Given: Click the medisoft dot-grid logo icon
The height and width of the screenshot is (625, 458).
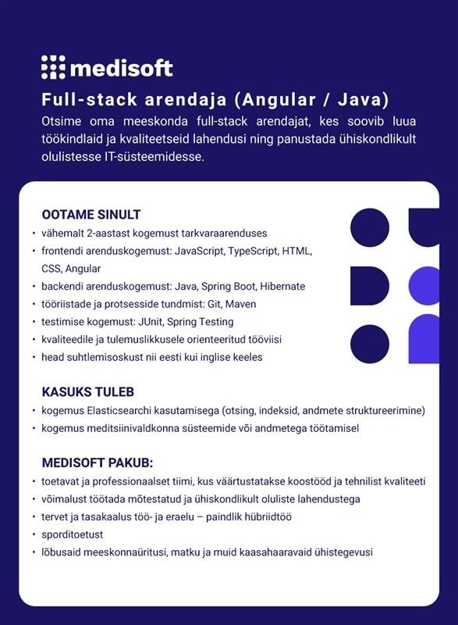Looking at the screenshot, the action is (53, 67).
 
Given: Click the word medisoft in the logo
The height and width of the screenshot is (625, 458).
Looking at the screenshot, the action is (121, 68).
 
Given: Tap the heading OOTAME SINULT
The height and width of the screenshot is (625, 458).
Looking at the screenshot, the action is (91, 215).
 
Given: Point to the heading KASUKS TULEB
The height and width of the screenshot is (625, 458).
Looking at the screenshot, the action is (87, 391).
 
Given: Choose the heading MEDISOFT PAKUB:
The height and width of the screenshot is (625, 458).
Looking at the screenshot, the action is (97, 462).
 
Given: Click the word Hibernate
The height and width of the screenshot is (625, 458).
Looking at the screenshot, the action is (282, 286).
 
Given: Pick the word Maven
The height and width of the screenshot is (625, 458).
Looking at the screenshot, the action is (242, 304).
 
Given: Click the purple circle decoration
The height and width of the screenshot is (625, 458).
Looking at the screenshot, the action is (424, 285).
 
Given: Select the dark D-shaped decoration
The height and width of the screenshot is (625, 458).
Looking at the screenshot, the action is (368, 285).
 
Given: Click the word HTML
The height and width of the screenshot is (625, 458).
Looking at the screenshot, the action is (296, 251).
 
